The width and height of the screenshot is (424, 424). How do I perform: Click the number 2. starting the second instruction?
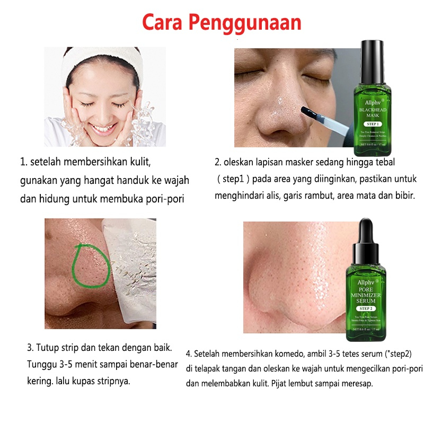tap(218, 162)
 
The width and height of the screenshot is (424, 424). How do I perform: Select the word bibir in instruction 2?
tap(404, 195)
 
